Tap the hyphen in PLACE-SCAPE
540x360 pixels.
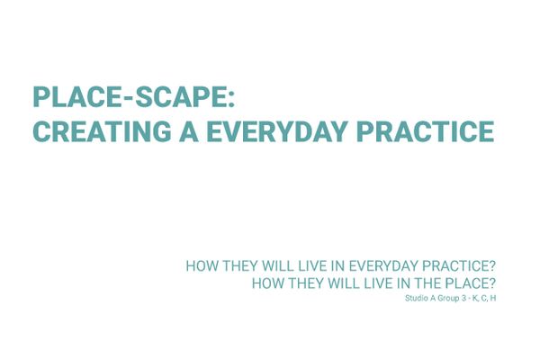pos(127,98)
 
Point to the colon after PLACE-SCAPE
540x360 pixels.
pos(230,98)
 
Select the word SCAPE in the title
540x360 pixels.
pos(180,97)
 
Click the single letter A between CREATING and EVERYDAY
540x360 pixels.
pos(189,131)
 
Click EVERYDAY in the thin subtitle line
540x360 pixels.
pos(384,266)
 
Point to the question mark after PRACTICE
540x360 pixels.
pos(492,266)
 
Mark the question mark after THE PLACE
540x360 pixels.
pos(492,283)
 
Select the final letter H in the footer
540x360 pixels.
pos(493,298)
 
